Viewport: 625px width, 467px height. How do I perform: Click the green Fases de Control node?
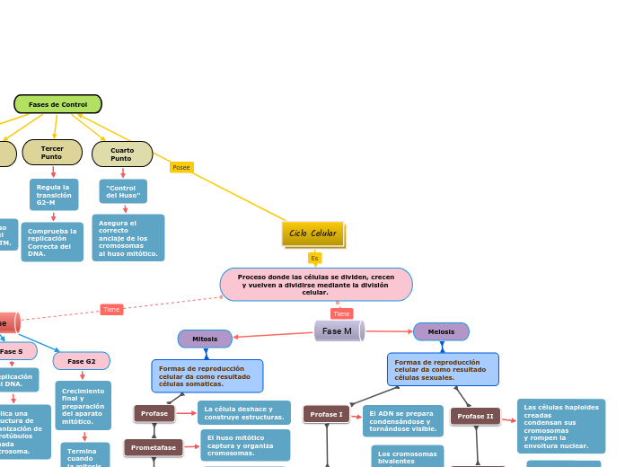57,104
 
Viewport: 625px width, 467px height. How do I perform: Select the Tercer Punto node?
52,152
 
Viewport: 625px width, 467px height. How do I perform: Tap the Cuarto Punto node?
122,154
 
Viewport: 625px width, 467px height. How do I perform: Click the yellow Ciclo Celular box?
312,233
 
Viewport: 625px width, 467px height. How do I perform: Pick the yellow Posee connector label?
181,167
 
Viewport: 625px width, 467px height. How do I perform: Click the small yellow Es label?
314,259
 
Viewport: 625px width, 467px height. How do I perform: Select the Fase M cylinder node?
339,331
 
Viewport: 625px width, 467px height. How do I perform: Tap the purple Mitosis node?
205,339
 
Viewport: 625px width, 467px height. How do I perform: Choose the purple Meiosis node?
441,331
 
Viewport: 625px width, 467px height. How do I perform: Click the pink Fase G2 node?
82,361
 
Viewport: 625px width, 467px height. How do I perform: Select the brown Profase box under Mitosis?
154,413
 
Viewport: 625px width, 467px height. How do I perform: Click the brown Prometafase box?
153,447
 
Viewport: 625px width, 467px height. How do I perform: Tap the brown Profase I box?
326,414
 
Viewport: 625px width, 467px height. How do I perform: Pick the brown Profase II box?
477,417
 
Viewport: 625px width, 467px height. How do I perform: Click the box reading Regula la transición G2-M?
54,194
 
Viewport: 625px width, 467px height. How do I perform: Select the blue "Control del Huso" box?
123,191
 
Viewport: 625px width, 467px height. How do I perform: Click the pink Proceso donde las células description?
316,284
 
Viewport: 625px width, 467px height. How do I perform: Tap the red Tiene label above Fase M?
341,313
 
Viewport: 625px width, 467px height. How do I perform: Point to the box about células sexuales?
443,369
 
